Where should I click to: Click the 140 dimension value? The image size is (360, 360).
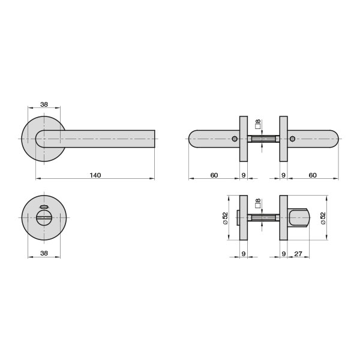(x=95, y=175)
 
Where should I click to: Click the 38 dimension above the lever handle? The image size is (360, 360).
(x=44, y=104)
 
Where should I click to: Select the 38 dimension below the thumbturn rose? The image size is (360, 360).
(x=44, y=253)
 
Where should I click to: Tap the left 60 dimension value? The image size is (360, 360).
(x=214, y=175)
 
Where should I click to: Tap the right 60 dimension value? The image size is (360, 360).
(x=313, y=175)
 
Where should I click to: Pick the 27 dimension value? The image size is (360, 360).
(x=298, y=254)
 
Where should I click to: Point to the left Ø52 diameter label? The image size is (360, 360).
(x=225, y=218)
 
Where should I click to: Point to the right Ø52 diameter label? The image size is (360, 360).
(x=323, y=218)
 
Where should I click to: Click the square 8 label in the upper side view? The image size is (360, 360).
(x=258, y=124)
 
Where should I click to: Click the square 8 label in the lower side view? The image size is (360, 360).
(x=258, y=203)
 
